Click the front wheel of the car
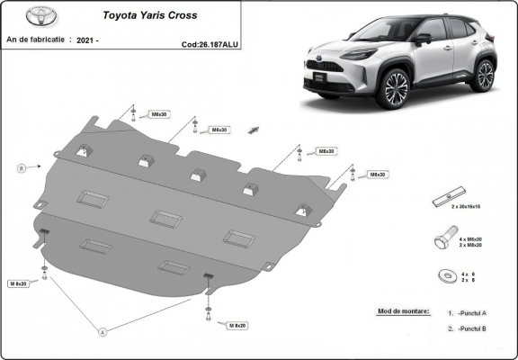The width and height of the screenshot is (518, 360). click(x=393, y=90)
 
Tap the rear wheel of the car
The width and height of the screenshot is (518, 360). click(x=484, y=75)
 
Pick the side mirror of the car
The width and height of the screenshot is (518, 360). click(x=422, y=39)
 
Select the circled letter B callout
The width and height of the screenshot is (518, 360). click(x=21, y=167)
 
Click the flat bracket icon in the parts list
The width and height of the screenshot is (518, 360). click(x=447, y=198)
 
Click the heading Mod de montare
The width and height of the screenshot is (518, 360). click(x=397, y=311)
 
